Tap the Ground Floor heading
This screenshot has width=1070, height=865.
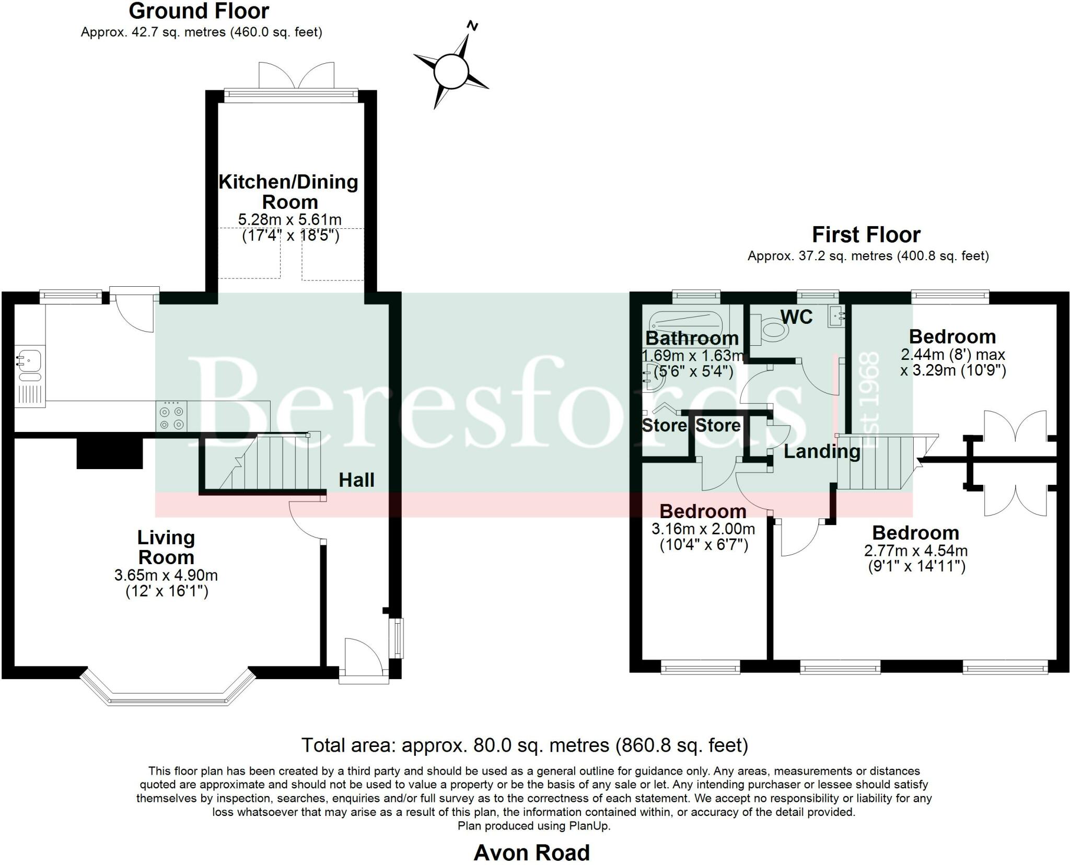pos(199,11)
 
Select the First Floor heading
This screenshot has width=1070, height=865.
pos(866,235)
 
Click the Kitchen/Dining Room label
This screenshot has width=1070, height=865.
pos(289,192)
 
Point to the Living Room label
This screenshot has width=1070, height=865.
pos(166,547)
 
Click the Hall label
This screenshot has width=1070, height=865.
pos(356,480)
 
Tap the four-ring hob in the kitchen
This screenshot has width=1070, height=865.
pos(171,416)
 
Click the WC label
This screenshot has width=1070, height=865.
pos(797,317)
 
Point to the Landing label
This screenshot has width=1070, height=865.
pos(822,452)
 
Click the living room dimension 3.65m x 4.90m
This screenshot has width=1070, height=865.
pos(166,576)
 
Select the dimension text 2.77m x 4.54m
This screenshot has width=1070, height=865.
pos(916,551)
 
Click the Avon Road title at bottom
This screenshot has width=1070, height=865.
pos(531,852)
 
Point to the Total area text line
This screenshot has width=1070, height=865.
pos(525,745)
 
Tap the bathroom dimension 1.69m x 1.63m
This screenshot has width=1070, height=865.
pos(693,356)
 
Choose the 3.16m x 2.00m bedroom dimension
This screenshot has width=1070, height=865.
pos(703,529)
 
